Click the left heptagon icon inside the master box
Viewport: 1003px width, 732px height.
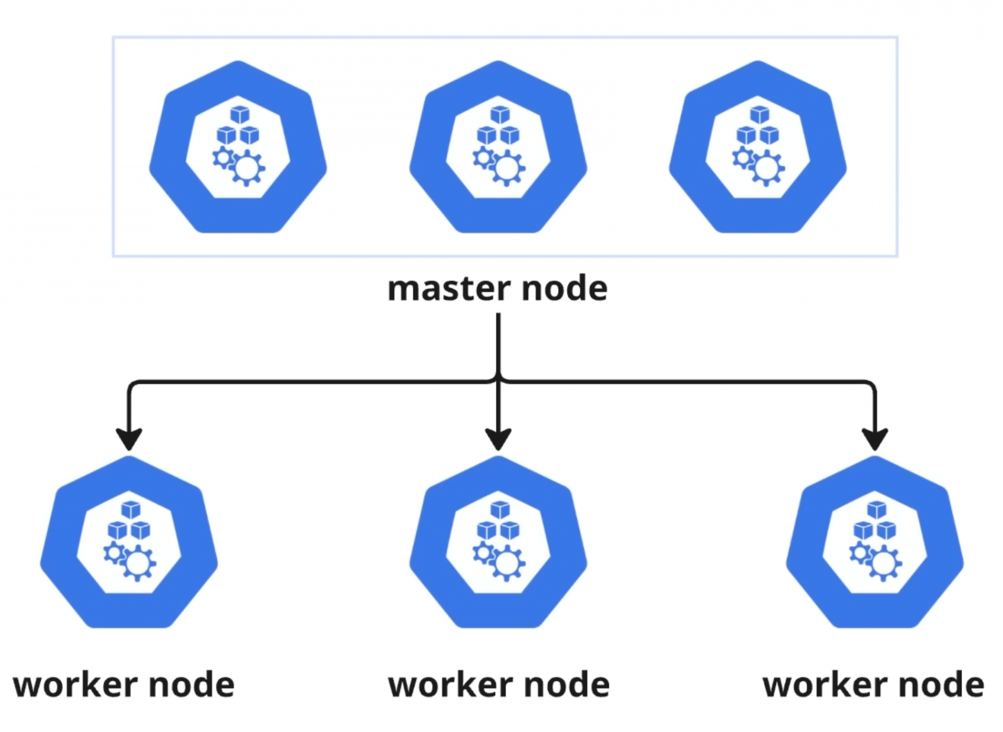tap(238, 147)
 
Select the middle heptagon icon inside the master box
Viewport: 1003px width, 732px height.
tap(498, 147)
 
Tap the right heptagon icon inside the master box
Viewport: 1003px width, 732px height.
tap(757, 147)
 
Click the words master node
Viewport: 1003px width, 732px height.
tap(497, 288)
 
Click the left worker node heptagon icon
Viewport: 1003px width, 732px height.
tap(129, 542)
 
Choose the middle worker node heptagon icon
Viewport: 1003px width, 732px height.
tap(498, 542)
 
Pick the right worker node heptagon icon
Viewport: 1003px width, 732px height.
tap(874, 542)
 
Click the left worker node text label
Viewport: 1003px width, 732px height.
tap(123, 684)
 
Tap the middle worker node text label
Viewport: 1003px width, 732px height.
tap(499, 684)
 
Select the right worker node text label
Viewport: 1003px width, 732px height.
tap(873, 684)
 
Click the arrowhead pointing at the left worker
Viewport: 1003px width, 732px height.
tap(129, 439)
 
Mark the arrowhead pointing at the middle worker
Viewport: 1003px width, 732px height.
tap(498, 439)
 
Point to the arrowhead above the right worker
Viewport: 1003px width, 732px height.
tap(874, 439)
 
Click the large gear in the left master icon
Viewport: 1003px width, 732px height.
tap(247, 169)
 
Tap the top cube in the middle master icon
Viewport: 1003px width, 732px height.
tap(500, 114)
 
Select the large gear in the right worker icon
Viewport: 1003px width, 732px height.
tap(883, 563)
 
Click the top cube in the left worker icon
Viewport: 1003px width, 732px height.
tap(131, 509)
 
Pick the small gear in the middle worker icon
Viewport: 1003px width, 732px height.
tap(483, 553)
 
